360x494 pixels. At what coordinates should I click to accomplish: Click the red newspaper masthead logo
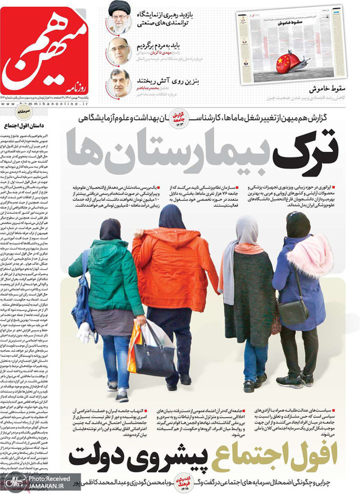tap(46, 52)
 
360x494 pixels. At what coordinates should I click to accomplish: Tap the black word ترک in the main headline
tap(312, 144)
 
